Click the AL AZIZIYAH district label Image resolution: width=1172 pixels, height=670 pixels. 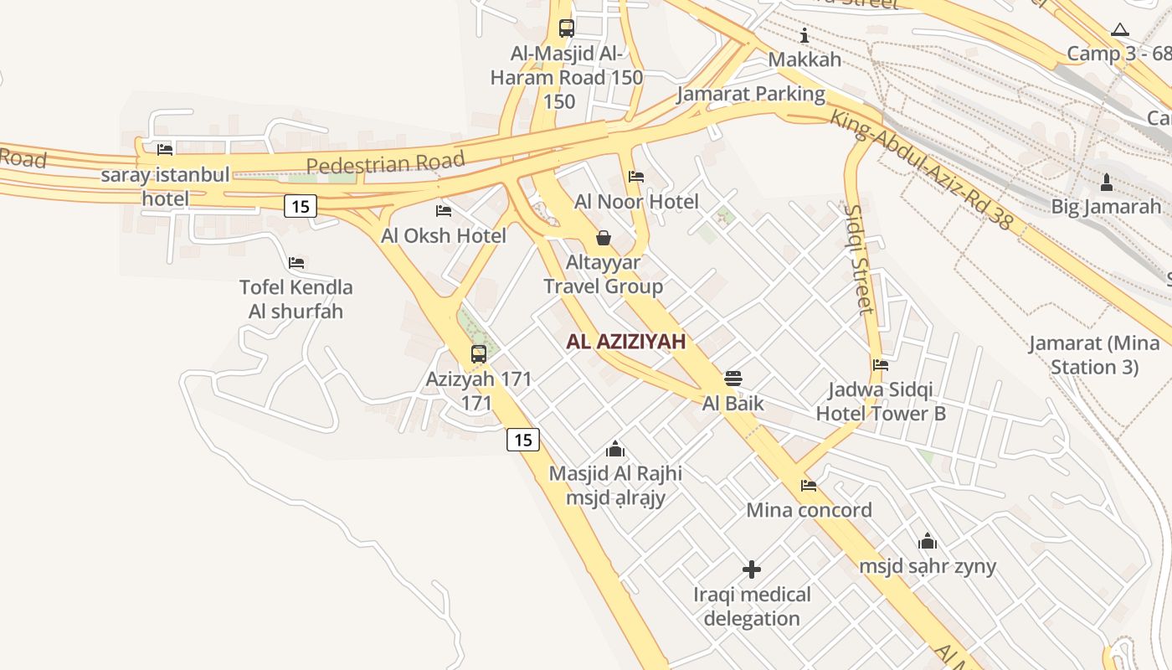pos(626,342)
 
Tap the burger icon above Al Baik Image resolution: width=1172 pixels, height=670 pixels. pos(733,379)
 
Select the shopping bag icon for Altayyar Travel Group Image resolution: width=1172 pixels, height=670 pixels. pos(603,238)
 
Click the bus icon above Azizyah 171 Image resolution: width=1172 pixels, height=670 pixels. pos(478,353)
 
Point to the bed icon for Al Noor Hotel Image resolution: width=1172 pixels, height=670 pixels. pos(636,177)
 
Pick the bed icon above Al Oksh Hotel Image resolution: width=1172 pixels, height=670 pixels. pos(444,211)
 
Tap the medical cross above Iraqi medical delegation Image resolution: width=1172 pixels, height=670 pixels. pos(752,570)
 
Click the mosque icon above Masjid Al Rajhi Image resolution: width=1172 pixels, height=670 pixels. pos(615,449)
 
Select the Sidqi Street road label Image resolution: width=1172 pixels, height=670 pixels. pos(860,260)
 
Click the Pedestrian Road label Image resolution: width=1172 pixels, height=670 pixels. pos(385,162)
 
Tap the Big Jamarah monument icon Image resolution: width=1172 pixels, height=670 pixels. pos(1106,182)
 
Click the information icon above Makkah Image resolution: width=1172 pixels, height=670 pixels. pos(804,35)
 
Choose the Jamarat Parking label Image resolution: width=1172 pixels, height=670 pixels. pos(751,94)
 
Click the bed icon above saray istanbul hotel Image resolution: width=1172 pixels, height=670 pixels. pos(165,150)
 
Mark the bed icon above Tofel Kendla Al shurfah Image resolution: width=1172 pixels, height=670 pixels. pos(296,263)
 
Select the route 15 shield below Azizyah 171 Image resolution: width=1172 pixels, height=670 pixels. pos(523,440)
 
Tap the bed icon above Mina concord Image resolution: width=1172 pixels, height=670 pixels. pos(809,486)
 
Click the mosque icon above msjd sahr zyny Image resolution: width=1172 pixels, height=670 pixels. pos(928,541)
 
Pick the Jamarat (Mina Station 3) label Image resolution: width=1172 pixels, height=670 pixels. pos(1094,355)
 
